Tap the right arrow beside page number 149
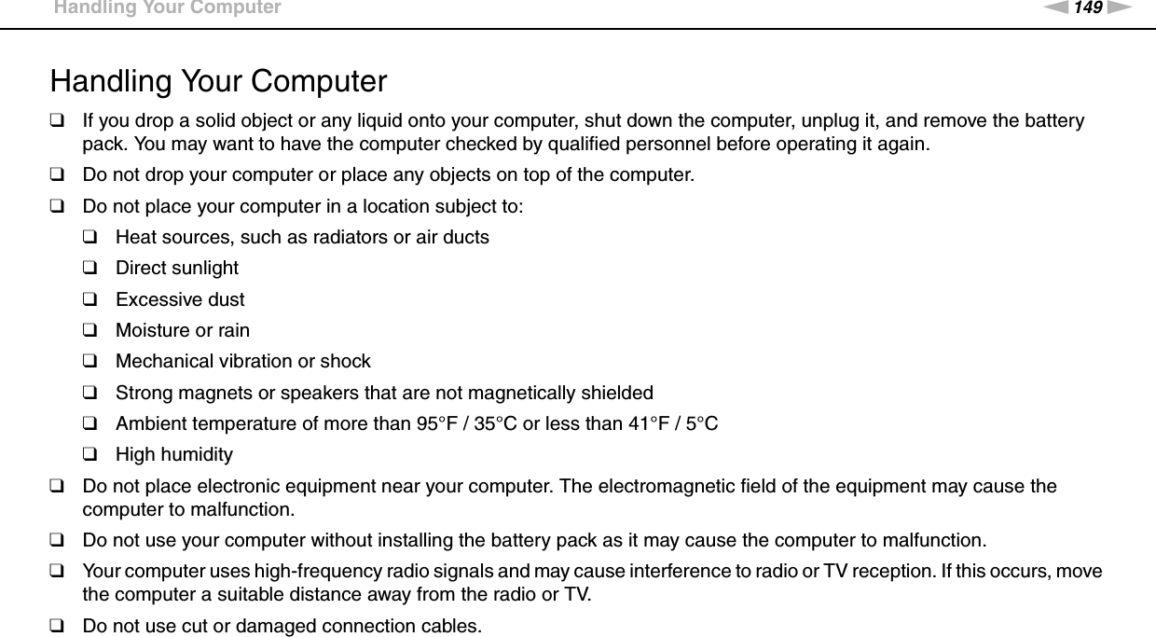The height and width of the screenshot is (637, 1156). [x=1117, y=9]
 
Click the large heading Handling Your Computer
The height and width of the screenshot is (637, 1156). [x=218, y=81]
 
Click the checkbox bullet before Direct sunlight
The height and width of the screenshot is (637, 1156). [x=90, y=269]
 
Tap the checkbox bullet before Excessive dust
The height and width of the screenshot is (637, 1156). [x=90, y=300]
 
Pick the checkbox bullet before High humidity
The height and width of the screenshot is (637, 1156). [x=90, y=456]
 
